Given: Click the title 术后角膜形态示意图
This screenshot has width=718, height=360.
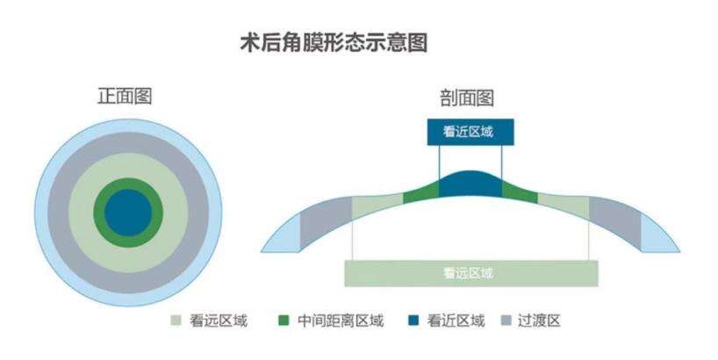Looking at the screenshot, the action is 334,43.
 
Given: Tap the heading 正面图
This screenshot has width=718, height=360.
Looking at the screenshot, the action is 125,97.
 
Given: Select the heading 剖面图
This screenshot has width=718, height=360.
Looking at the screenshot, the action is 467,98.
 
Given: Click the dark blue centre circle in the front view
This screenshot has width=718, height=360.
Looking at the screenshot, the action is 128,212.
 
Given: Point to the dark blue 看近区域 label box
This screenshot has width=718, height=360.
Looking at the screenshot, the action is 470,132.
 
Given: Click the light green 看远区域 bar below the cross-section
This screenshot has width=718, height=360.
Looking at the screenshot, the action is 471,273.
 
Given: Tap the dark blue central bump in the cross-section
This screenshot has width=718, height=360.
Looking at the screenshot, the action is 470,184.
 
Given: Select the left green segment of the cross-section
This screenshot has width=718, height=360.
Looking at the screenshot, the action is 420,194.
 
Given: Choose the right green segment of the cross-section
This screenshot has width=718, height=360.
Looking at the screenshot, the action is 520,194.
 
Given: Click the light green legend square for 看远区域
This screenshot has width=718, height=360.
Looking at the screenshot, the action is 176,320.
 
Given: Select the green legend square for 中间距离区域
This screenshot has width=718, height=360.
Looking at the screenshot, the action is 284,320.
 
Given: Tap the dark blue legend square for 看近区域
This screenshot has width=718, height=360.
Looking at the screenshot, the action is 413,320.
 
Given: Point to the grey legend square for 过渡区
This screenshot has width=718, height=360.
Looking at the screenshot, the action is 506,320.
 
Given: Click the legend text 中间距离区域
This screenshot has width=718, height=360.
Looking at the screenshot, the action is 341,320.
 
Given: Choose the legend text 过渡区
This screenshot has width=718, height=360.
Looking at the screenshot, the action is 539,320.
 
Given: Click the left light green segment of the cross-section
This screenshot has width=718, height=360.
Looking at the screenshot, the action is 377,206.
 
